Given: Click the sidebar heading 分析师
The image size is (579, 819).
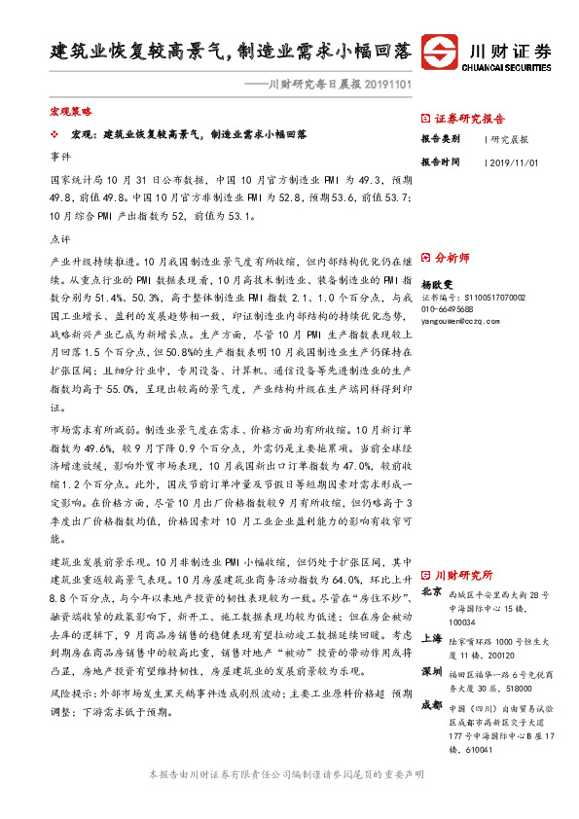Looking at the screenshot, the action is [452, 258].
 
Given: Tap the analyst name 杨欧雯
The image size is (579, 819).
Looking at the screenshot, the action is [437, 282].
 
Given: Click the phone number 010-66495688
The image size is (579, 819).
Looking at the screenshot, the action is [447, 308].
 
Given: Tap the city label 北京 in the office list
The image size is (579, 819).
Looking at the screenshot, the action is [432, 591].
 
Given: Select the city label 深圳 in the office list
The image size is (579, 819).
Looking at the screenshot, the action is [432, 672].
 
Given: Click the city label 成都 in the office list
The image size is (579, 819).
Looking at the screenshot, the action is [432, 706].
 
